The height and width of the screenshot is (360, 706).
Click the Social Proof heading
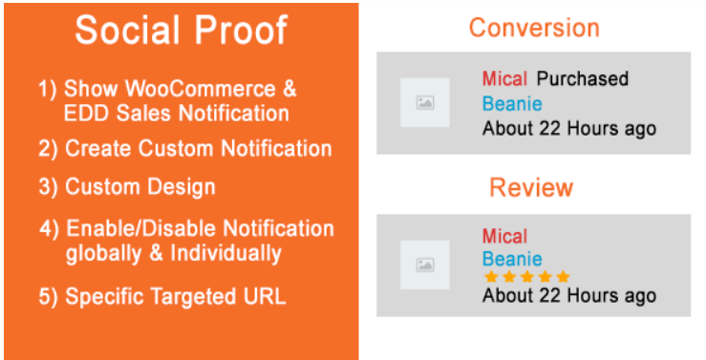pos(181,31)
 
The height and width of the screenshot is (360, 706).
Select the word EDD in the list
pos(86,114)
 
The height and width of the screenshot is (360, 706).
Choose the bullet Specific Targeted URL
pos(162,296)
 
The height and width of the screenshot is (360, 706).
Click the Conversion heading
pos(533,27)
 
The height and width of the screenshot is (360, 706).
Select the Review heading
pos(531,187)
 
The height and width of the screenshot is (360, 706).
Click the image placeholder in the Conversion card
pos(425,102)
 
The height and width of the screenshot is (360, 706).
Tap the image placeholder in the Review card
pos(425,265)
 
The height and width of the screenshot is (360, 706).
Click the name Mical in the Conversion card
pos(504,78)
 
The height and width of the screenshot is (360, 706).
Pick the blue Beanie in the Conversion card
pos(512,103)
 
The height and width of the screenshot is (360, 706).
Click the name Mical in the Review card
pos(504,236)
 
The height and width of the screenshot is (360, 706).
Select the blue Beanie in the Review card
pos(512,259)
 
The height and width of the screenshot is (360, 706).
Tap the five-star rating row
pos(526,277)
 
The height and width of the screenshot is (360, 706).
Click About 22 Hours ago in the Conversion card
pos(569,128)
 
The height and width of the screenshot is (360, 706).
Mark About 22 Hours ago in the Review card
pos(569,295)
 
